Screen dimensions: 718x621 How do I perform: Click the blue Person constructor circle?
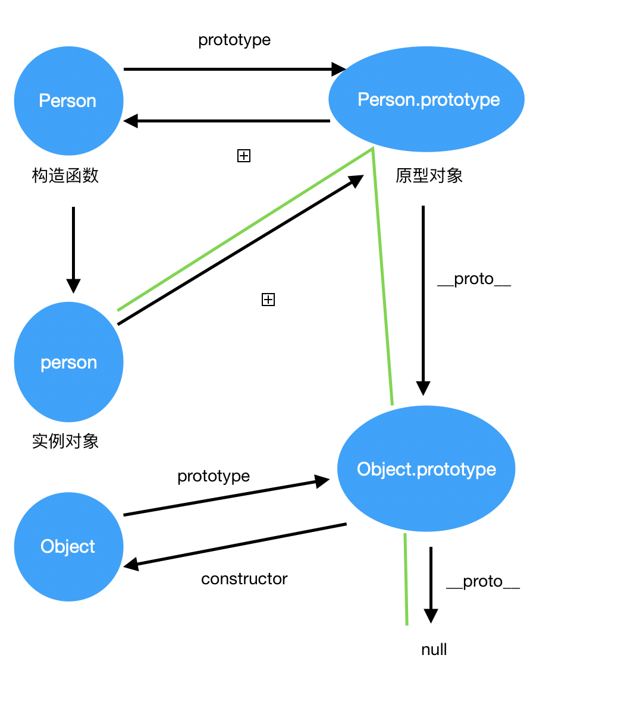pos(68,100)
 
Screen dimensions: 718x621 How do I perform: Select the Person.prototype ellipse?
pos(427,99)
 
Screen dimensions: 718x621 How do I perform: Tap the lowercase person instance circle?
pos(68,362)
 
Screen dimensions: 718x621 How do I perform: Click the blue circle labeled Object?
pos(68,546)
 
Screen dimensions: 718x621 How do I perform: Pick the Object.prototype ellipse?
pos(426,469)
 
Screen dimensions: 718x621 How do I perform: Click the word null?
pos(434,650)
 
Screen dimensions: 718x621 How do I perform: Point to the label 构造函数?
pos(65,176)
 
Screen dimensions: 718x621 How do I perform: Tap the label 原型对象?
pos(429,176)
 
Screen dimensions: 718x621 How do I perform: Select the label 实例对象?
pos(65,441)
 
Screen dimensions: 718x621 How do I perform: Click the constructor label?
pos(244,579)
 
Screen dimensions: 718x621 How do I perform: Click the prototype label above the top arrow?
pos(234,40)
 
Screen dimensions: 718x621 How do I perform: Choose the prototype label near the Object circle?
pos(214,476)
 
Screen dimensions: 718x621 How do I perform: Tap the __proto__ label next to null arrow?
pos(482,582)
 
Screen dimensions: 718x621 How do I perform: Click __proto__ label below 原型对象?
pos(473,279)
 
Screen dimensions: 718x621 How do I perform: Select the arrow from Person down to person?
pos(73,250)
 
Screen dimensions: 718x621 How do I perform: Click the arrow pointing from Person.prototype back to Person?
pos(226,121)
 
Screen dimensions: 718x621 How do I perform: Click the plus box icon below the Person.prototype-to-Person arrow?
pos(244,156)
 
